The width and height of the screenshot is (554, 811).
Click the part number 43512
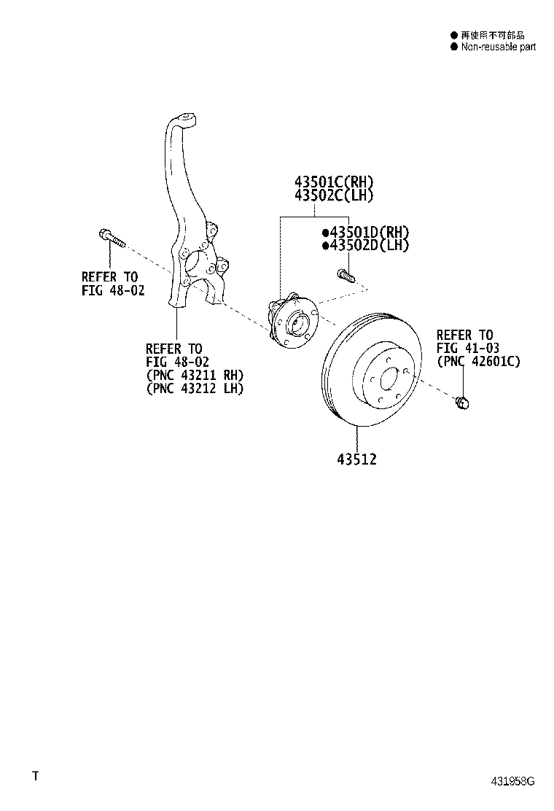[357, 460]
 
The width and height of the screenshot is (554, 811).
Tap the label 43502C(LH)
[334, 195]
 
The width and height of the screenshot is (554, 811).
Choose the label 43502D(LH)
[367, 246]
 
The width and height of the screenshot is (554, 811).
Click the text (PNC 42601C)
[479, 361]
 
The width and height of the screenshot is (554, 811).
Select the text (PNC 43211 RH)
[195, 376]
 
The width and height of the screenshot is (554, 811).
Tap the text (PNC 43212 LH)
[195, 389]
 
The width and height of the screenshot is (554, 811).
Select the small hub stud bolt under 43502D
[345, 276]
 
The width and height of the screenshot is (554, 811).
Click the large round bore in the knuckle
[195, 263]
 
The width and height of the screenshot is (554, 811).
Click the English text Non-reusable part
[498, 47]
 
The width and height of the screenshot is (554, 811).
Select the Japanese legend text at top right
[492, 35]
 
